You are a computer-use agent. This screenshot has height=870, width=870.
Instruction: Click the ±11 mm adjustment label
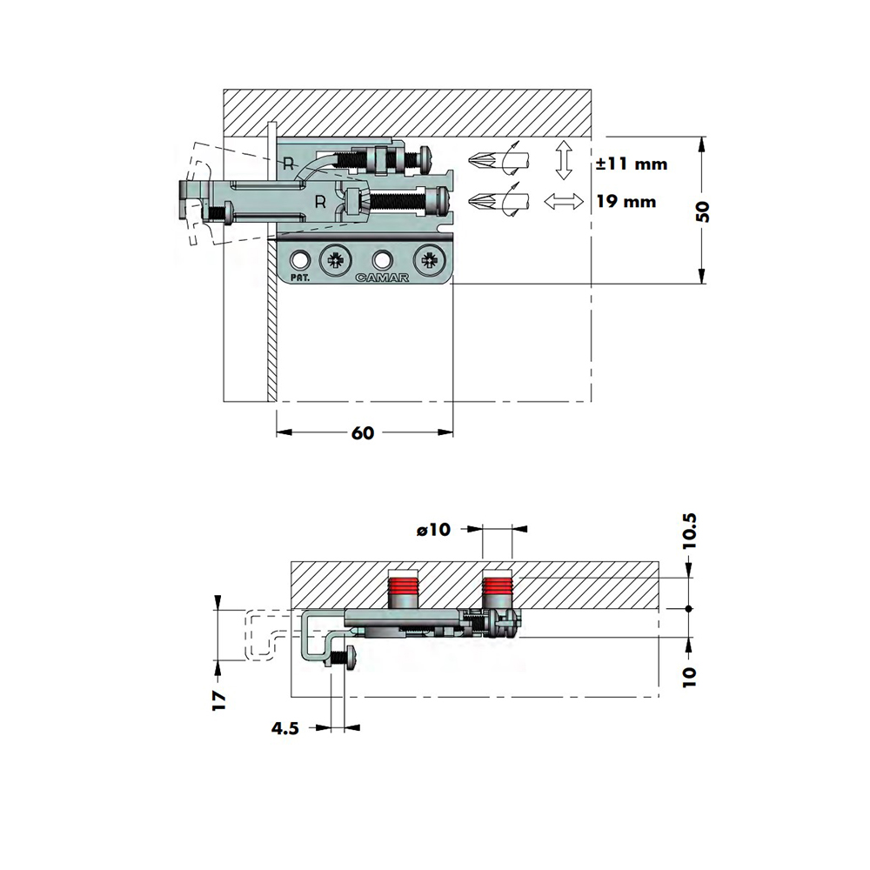[632, 164]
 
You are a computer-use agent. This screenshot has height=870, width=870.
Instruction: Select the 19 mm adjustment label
[626, 202]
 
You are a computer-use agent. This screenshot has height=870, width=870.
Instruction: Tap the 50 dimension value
[702, 211]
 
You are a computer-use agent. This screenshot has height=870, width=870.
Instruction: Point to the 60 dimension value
[363, 432]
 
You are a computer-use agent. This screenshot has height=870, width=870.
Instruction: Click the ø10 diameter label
[433, 530]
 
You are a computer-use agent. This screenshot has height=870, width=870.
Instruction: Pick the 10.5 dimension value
[689, 531]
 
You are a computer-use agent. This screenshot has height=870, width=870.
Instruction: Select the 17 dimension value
[219, 700]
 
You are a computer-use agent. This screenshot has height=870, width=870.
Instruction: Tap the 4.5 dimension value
[285, 728]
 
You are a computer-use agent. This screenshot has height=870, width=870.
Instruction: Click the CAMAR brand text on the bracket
[382, 278]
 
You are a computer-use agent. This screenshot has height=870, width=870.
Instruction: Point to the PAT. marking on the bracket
[300, 278]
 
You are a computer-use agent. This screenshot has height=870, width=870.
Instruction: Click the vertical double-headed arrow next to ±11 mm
[564, 160]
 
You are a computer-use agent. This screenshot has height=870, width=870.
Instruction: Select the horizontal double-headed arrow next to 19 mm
[564, 202]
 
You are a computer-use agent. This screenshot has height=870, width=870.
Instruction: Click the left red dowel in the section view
[402, 593]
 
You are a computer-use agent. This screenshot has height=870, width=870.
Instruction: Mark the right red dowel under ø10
[497, 593]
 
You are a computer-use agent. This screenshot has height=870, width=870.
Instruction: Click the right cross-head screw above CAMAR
[430, 258]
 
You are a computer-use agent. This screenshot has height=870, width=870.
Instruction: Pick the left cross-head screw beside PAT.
[336, 258]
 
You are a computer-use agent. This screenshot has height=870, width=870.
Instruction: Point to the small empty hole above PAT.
[301, 259]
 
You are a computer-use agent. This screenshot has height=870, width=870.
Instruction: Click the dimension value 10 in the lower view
[689, 677]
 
